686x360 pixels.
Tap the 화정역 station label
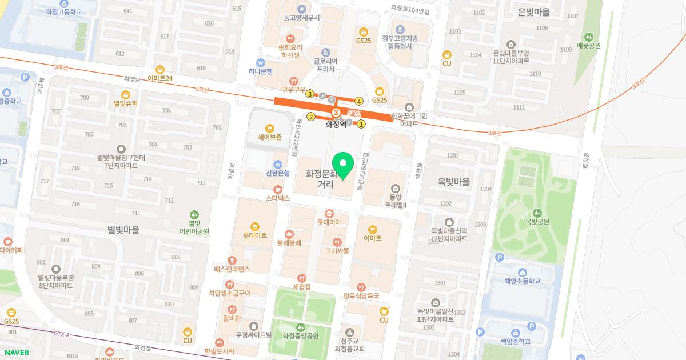(336, 123)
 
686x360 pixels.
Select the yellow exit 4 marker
(360, 101)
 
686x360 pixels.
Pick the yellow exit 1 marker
(361, 123)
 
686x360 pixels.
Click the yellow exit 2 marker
(311, 117)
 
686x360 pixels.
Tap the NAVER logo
(15, 352)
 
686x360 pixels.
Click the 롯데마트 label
(255, 235)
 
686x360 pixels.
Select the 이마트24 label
(159, 78)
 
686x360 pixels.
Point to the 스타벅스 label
(278, 198)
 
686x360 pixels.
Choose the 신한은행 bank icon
(278, 163)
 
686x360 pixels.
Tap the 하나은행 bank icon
(260, 62)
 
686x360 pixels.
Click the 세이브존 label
(270, 137)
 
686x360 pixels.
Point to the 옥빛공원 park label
(537, 221)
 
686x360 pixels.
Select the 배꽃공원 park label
(589, 45)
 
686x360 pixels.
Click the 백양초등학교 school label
(523, 281)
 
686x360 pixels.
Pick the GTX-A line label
(61, 334)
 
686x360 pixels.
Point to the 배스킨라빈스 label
(232, 269)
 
